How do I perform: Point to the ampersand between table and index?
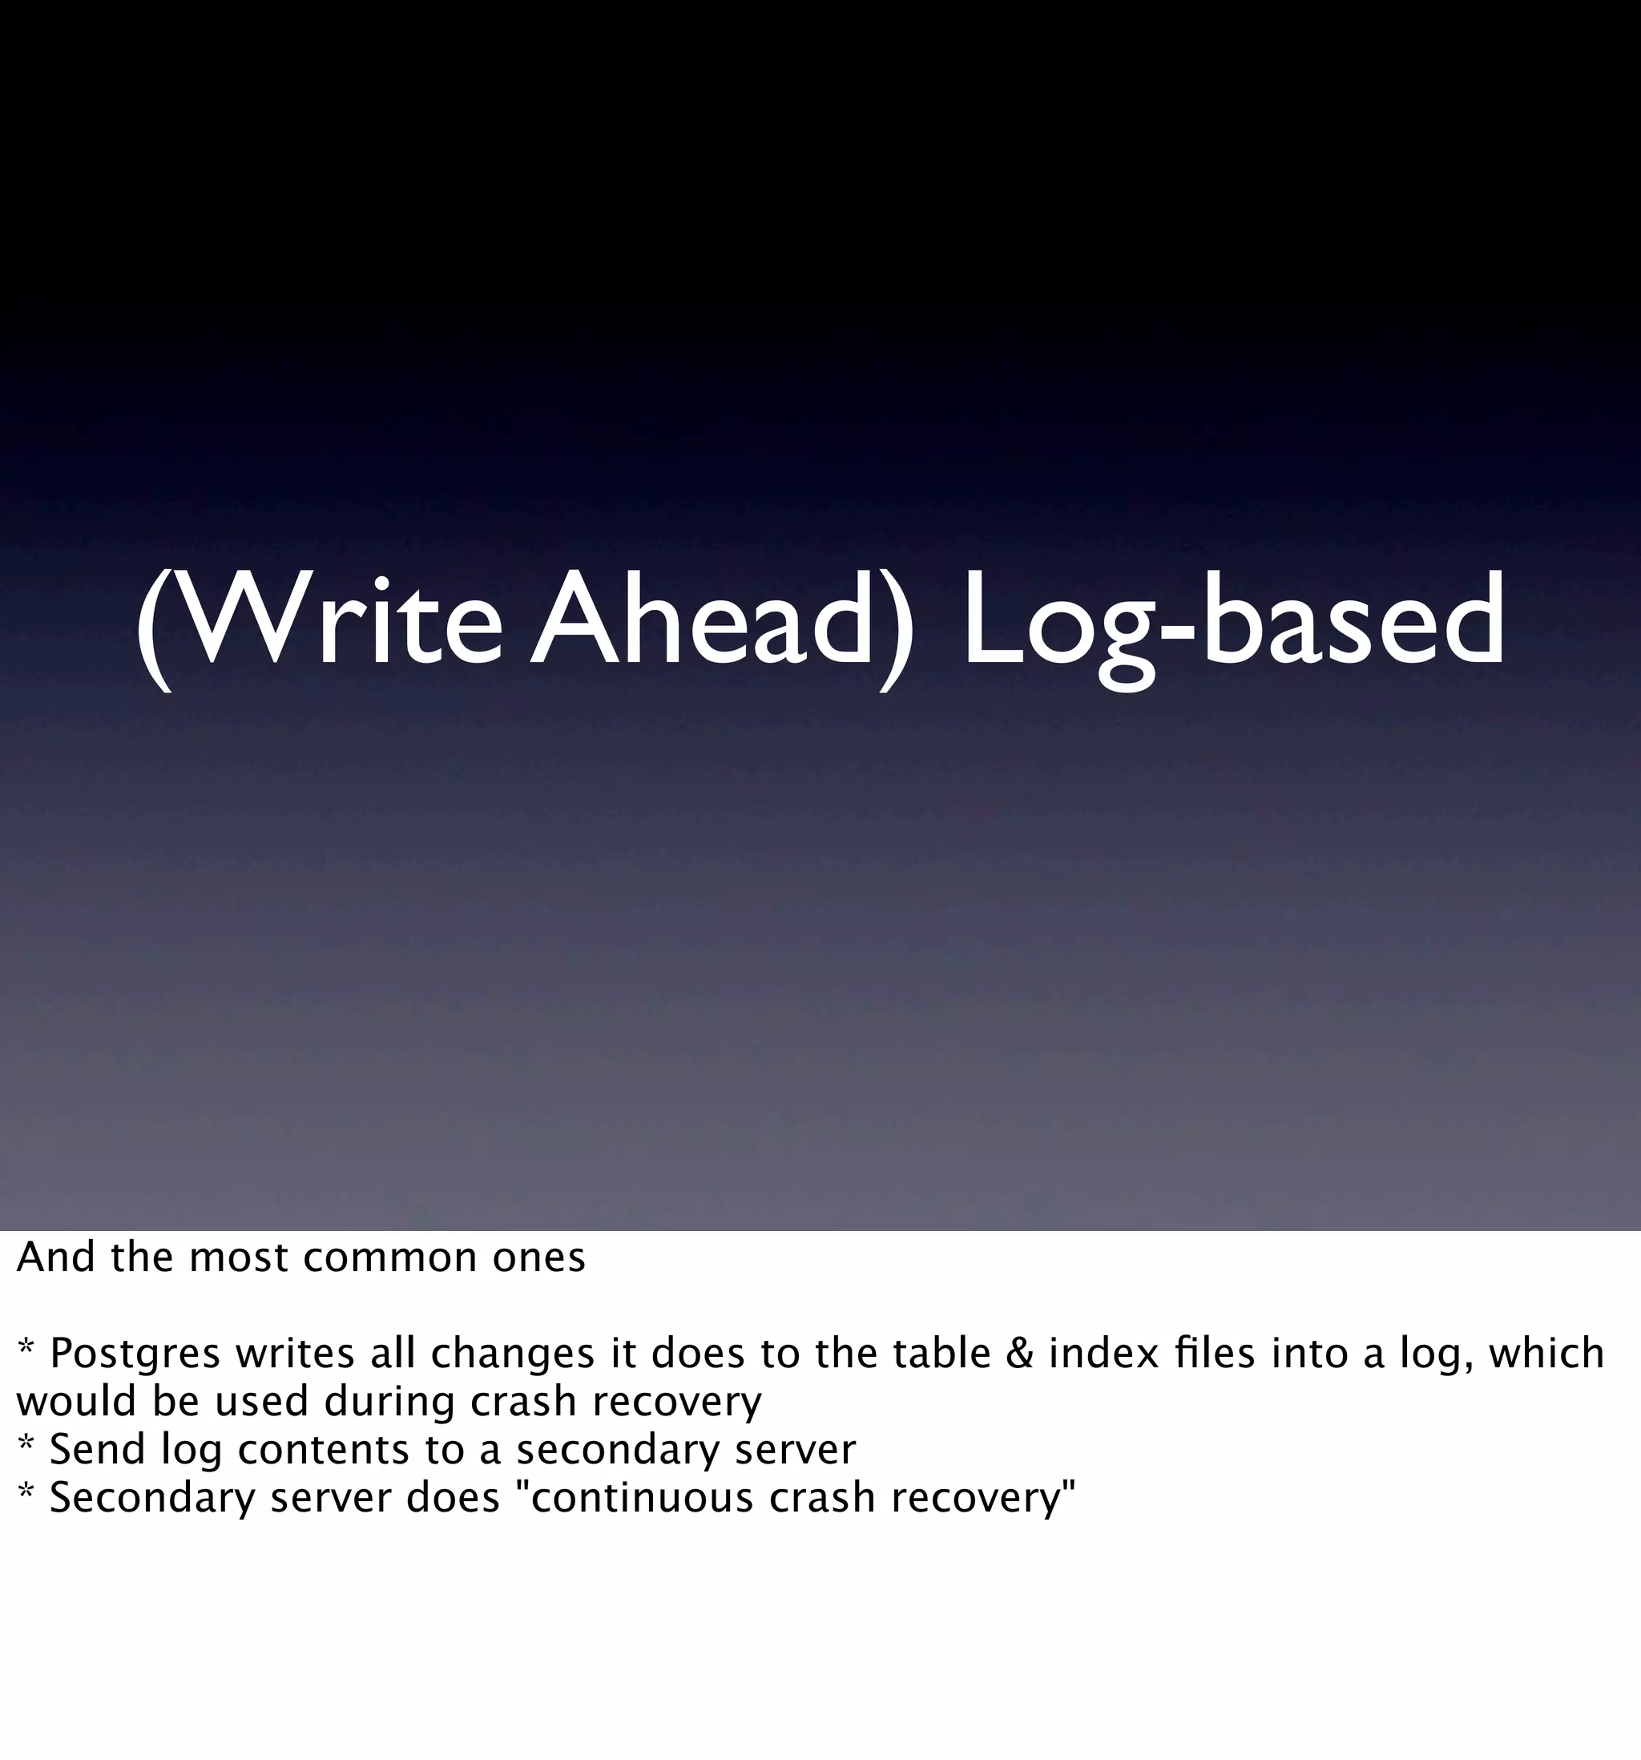click(x=1020, y=1353)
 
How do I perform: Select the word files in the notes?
click(x=1216, y=1353)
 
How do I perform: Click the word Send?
click(x=96, y=1449)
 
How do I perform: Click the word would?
click(x=75, y=1402)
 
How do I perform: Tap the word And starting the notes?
click(x=54, y=1257)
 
